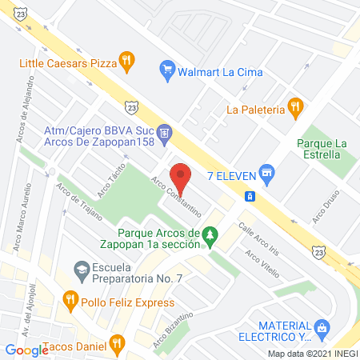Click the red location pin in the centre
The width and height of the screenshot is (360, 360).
point(182,176)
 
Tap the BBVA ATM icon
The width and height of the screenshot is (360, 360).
point(163,132)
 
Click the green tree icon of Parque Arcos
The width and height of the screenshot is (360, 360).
point(210,235)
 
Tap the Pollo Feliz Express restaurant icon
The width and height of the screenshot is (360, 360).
point(70,301)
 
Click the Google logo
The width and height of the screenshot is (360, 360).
point(26,350)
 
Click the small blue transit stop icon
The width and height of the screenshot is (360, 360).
point(250,196)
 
